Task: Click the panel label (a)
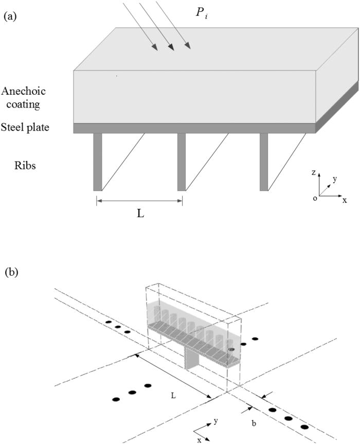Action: tap(10, 16)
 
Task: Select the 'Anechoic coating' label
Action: tap(24, 97)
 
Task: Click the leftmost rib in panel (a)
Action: tap(98, 162)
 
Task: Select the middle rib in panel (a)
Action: tap(182, 162)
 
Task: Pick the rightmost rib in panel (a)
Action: tap(264, 162)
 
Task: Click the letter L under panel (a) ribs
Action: tap(140, 214)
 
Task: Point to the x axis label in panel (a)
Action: tap(345, 200)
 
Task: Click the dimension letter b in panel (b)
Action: tap(253, 422)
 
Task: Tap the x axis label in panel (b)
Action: tap(199, 440)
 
